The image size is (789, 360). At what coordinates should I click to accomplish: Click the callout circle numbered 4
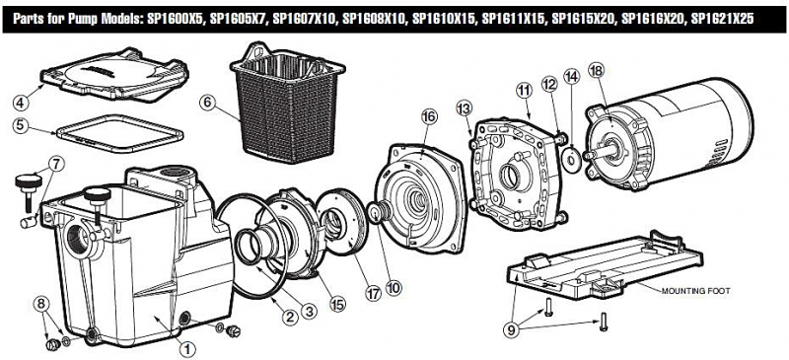pyautogui.click(x=22, y=103)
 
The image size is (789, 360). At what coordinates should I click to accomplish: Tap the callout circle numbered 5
pyautogui.click(x=20, y=125)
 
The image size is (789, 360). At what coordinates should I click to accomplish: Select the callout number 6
pyautogui.click(x=207, y=103)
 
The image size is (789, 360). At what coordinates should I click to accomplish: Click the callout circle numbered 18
pyautogui.click(x=598, y=70)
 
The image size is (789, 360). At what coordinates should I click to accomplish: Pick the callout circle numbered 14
pyautogui.click(x=572, y=76)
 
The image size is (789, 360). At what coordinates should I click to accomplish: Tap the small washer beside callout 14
pyautogui.click(x=572, y=160)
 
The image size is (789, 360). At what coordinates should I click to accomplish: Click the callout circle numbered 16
pyautogui.click(x=429, y=116)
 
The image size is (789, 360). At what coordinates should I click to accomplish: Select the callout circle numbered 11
pyautogui.click(x=524, y=91)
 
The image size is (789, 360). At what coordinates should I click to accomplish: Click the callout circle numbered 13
pyautogui.click(x=464, y=108)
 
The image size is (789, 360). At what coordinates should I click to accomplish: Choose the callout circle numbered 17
pyautogui.click(x=373, y=295)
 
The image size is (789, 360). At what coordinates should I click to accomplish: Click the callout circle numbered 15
pyautogui.click(x=337, y=304)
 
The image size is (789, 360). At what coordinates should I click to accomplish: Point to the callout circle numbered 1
pyautogui.click(x=186, y=348)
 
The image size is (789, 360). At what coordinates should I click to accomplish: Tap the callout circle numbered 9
pyautogui.click(x=512, y=329)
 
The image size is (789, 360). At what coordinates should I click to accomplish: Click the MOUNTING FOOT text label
pyautogui.click(x=695, y=291)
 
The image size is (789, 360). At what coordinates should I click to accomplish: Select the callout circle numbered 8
pyautogui.click(x=41, y=304)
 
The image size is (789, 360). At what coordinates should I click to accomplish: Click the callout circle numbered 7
pyautogui.click(x=57, y=164)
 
